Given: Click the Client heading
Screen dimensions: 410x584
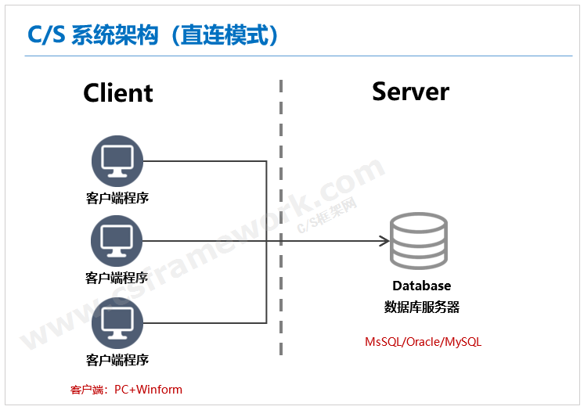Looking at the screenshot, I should point(117,92).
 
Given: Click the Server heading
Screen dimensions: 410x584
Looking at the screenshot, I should point(410,91).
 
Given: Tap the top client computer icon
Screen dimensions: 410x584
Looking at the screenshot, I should point(117,161).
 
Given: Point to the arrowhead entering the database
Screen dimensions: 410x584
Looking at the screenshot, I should point(384,241).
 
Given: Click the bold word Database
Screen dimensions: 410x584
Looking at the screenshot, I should point(421,286).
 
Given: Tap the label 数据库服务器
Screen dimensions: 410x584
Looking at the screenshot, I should point(421,307).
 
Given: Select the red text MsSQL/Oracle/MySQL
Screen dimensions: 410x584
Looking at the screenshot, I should point(423,343).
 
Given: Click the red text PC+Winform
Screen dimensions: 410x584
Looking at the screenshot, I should point(148,389).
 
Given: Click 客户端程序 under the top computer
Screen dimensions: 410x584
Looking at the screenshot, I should point(117,198).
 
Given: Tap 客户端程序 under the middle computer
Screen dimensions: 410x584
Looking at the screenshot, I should point(117,278).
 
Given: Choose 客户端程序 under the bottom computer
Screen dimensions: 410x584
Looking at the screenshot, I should point(117,360).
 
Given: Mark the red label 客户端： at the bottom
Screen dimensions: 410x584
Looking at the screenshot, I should point(90,389).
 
